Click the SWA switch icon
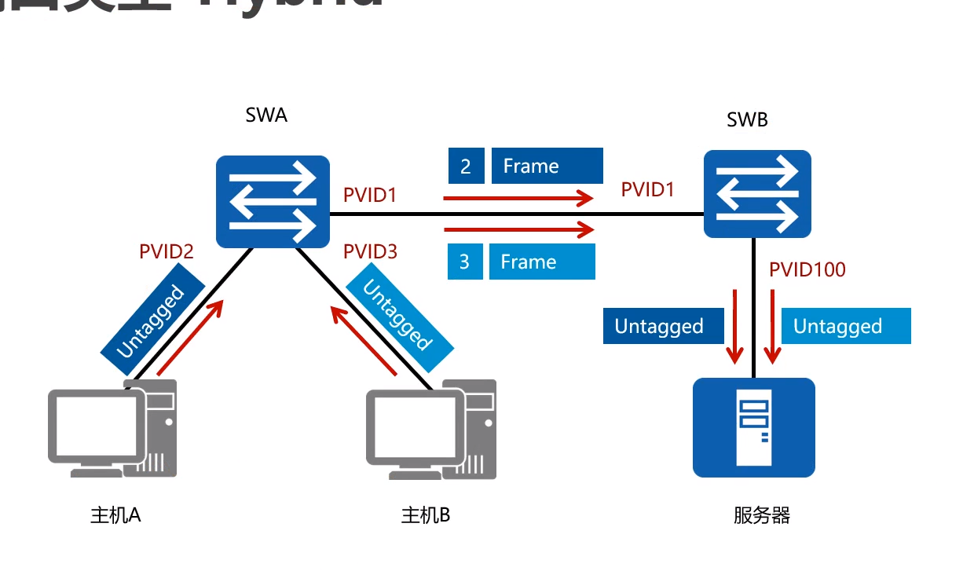pyautogui.click(x=272, y=202)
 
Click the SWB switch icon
pyautogui.click(x=757, y=194)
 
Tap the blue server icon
pyautogui.click(x=753, y=427)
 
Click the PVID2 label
pyautogui.click(x=167, y=252)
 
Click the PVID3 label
pyautogui.click(x=371, y=252)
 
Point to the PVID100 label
pyautogui.click(x=807, y=270)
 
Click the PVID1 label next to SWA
pyautogui.click(x=370, y=195)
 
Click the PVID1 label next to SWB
pyautogui.click(x=648, y=189)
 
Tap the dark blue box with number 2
pyautogui.click(x=467, y=166)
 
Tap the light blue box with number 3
pyautogui.click(x=464, y=262)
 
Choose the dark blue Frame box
pyautogui.click(x=547, y=166)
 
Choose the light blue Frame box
pyautogui.click(x=542, y=262)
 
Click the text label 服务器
pyautogui.click(x=761, y=515)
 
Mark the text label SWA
pyautogui.click(x=266, y=115)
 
